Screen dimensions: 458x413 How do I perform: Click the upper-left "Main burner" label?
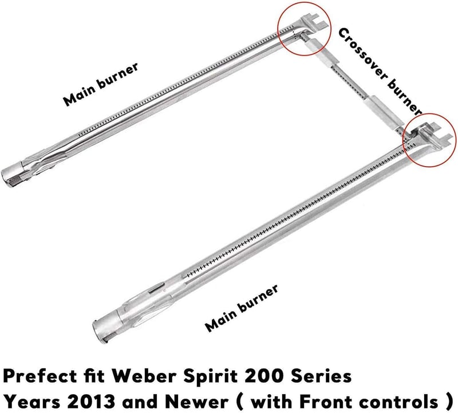click(x=101, y=84)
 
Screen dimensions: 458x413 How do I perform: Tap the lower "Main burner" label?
click(x=241, y=308)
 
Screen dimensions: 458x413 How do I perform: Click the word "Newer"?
click(x=199, y=402)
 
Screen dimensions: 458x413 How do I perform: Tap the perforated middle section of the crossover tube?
click(x=350, y=82)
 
